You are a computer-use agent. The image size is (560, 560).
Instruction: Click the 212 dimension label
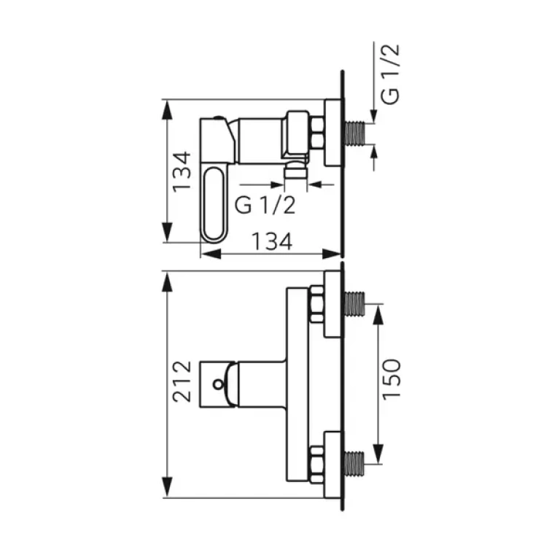pos(182,381)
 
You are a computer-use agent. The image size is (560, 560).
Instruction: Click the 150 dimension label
pos(392,379)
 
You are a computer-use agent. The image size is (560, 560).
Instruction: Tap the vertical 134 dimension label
pos(182,172)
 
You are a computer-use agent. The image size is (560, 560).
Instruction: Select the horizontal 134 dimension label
pos(272,241)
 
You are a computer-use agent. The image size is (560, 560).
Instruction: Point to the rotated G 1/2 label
pos(389,74)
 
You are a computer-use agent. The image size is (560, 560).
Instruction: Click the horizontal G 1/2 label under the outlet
pos(265,206)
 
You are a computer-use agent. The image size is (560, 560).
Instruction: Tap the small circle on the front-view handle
pos(218,385)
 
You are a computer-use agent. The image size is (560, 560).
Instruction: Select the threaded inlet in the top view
pos(355,133)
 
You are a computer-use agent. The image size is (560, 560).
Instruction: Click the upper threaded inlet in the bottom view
pos(355,304)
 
